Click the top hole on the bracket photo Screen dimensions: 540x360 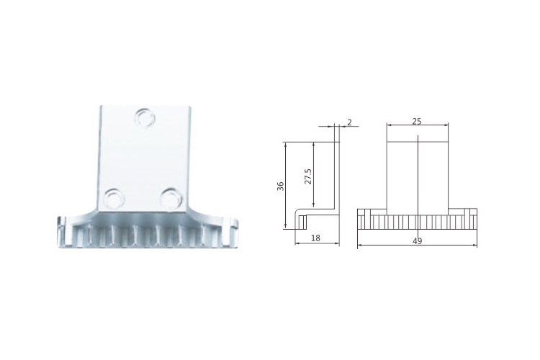point(145,117)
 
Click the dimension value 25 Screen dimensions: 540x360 point(417,121)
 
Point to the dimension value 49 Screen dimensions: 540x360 point(417,241)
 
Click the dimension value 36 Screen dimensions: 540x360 point(281,186)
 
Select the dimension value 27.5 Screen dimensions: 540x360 point(308,176)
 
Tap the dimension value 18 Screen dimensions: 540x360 point(315,238)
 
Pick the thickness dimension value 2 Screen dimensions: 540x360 point(349,122)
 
